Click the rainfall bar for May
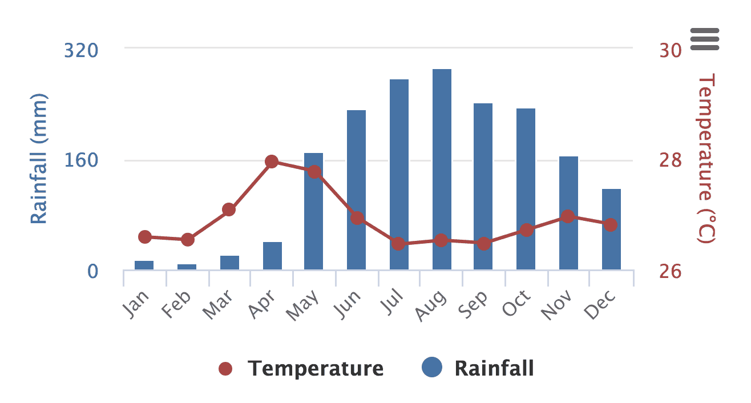[313, 211]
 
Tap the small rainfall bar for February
[187, 267]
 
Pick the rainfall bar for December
[611, 229]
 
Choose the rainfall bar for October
[526, 189]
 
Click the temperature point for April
[272, 162]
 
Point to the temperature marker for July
[398, 244]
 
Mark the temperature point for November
[567, 216]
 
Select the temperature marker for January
[145, 237]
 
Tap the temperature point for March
[229, 209]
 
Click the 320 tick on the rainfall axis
[80, 51]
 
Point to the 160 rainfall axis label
[80, 160]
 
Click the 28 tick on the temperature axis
[671, 160]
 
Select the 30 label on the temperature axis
[671, 51]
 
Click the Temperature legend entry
[301, 369]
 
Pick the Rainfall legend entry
[478, 369]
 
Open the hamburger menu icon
[705, 39]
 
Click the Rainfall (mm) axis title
[39, 159]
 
